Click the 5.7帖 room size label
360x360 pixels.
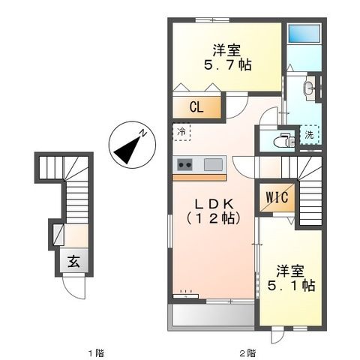point(224,65)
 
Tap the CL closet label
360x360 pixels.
point(195,106)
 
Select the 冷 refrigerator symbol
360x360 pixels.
point(183,133)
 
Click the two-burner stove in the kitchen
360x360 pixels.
point(185,165)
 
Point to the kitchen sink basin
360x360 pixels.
point(213,165)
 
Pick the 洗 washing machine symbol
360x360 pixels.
point(309,135)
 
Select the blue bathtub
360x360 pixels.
point(304,34)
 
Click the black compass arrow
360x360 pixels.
point(127,146)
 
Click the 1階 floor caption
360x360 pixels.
point(93,350)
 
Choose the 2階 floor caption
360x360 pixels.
point(247,350)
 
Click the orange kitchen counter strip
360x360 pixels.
point(199,177)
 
